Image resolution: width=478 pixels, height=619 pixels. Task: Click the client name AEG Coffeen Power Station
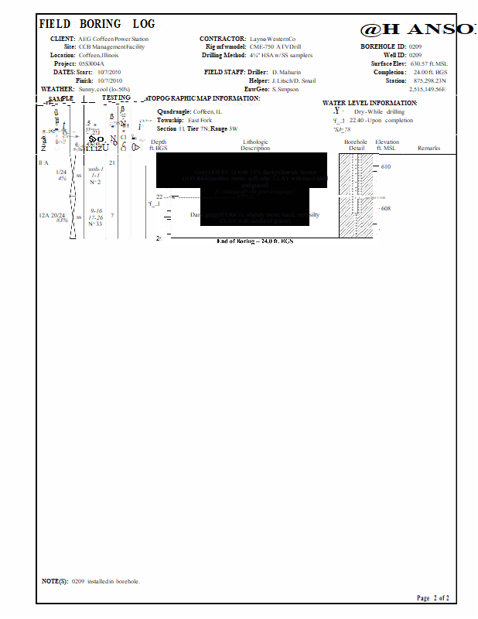click(113, 39)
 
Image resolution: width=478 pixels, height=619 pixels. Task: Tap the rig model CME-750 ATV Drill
click(275, 47)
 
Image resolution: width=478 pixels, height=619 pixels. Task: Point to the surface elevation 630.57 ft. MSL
click(428, 63)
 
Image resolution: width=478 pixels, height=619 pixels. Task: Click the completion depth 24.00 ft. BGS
click(430, 72)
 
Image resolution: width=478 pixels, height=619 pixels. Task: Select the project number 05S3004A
click(91, 63)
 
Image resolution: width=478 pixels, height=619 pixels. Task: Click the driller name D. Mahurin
click(285, 72)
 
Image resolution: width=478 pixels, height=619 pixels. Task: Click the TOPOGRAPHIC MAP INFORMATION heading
click(203, 98)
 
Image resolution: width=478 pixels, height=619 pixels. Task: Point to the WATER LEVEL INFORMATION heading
click(370, 103)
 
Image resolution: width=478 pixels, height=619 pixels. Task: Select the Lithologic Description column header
click(255, 145)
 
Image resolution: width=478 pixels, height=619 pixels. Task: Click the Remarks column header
click(428, 148)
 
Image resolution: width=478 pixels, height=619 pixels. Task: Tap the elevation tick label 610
click(386, 166)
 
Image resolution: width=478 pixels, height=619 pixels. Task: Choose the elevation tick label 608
click(386, 208)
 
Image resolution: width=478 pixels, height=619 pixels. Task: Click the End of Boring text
click(254, 241)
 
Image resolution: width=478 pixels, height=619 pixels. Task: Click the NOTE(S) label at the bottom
click(55, 580)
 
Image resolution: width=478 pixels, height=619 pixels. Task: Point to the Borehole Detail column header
click(356, 145)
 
